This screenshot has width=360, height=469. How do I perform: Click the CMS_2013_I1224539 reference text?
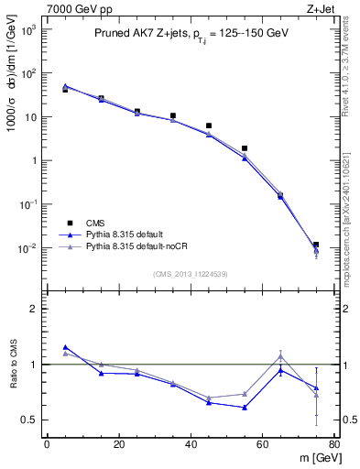click(190, 274)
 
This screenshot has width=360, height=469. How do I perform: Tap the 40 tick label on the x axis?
click(191, 446)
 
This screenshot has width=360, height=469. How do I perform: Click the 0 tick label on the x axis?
click(47, 446)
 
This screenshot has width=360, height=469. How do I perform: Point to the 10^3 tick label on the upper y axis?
click(27, 30)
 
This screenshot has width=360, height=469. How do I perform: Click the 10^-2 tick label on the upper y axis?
click(27, 248)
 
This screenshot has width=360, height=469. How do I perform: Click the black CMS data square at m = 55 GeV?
click(245, 148)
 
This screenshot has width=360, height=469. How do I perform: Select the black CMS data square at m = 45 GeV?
click(209, 125)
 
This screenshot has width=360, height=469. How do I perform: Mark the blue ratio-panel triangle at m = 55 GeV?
click(245, 408)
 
